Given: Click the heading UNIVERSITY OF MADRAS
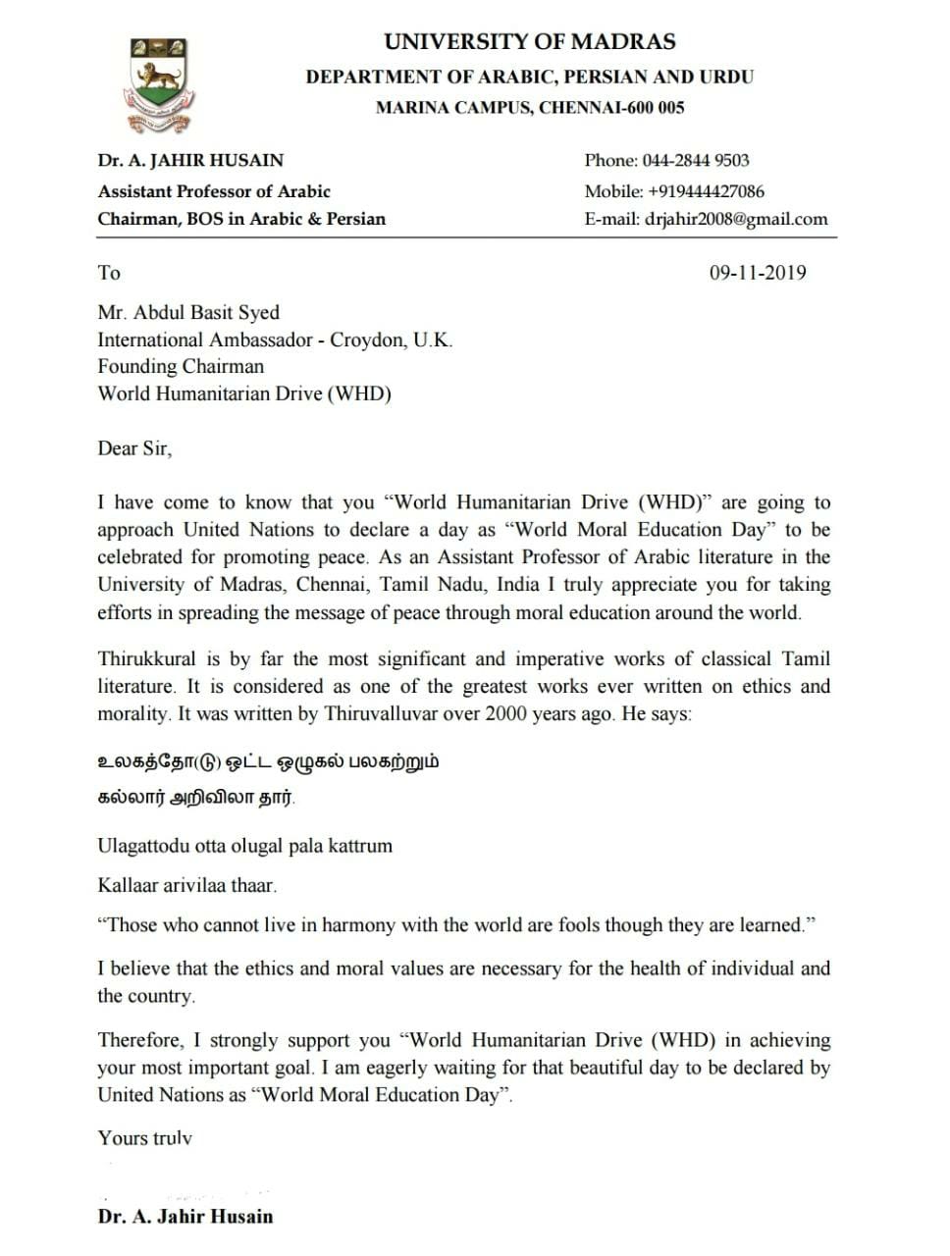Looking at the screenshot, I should pyautogui.click(x=529, y=42).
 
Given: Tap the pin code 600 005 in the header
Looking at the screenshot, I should pyautogui.click(x=655, y=108).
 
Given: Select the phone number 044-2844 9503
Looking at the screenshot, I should pyautogui.click(x=695, y=161).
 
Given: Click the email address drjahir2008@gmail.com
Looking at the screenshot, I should pyautogui.click(x=736, y=219).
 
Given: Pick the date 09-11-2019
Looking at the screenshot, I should pyautogui.click(x=758, y=273).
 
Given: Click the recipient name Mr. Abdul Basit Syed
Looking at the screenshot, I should pyautogui.click(x=188, y=313).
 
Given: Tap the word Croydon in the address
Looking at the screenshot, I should pyautogui.click(x=365, y=340).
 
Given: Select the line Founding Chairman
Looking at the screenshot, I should pyautogui.click(x=181, y=367).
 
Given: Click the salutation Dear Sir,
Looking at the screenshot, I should pyautogui.click(x=134, y=448).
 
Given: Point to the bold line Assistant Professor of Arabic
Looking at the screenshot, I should pyautogui.click(x=214, y=191).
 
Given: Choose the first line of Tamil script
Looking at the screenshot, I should pyautogui.click(x=268, y=761).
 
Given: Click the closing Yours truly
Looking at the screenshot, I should pyautogui.click(x=144, y=1138).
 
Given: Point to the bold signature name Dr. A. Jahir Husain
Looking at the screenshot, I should pyautogui.click(x=185, y=1217).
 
